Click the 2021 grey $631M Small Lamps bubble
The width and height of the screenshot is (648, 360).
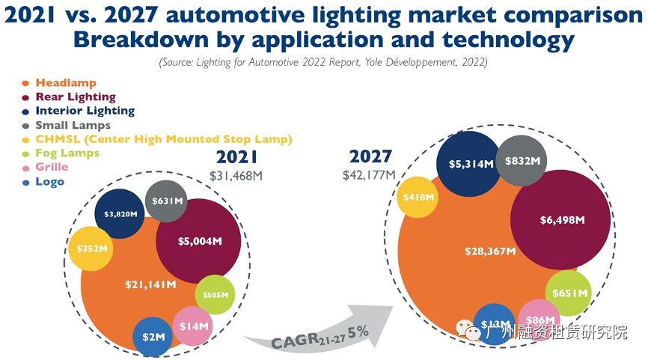[x=167, y=201]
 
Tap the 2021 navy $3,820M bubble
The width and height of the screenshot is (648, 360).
[x=120, y=214]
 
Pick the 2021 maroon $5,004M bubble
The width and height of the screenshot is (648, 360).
[x=198, y=241]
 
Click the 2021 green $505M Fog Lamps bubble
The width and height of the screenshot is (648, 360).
[x=216, y=295]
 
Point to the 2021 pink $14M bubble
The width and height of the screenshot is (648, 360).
[x=195, y=326]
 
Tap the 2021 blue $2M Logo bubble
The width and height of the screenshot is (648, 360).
[x=153, y=337]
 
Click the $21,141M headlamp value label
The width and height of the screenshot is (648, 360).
[x=150, y=284]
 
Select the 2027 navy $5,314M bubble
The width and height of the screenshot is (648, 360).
[x=471, y=163]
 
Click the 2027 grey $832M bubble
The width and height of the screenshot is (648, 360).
[x=524, y=161]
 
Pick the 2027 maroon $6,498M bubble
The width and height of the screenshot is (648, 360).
[x=561, y=220]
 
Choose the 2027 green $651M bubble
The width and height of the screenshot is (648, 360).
[x=569, y=293]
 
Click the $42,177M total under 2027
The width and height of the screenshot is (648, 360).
[x=370, y=174]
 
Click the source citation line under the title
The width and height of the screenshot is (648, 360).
[x=323, y=63]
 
